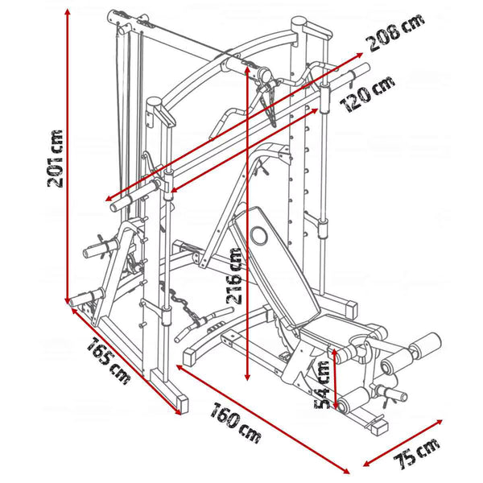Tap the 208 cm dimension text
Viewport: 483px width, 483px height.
(x=394, y=33)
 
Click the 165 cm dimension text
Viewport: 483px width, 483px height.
(x=108, y=361)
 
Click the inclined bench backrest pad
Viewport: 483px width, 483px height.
(x=270, y=258)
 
